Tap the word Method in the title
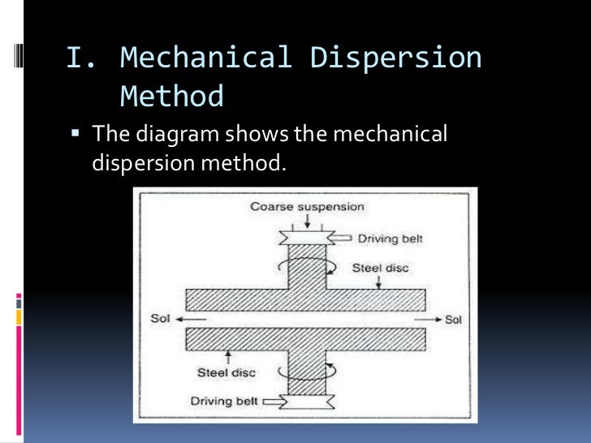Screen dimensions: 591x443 tap(171, 97)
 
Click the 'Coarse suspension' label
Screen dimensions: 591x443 tap(307, 206)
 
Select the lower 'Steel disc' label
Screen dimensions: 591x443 tap(226, 373)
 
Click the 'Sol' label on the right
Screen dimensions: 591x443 tap(453, 320)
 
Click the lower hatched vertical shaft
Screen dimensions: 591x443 tap(306, 369)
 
